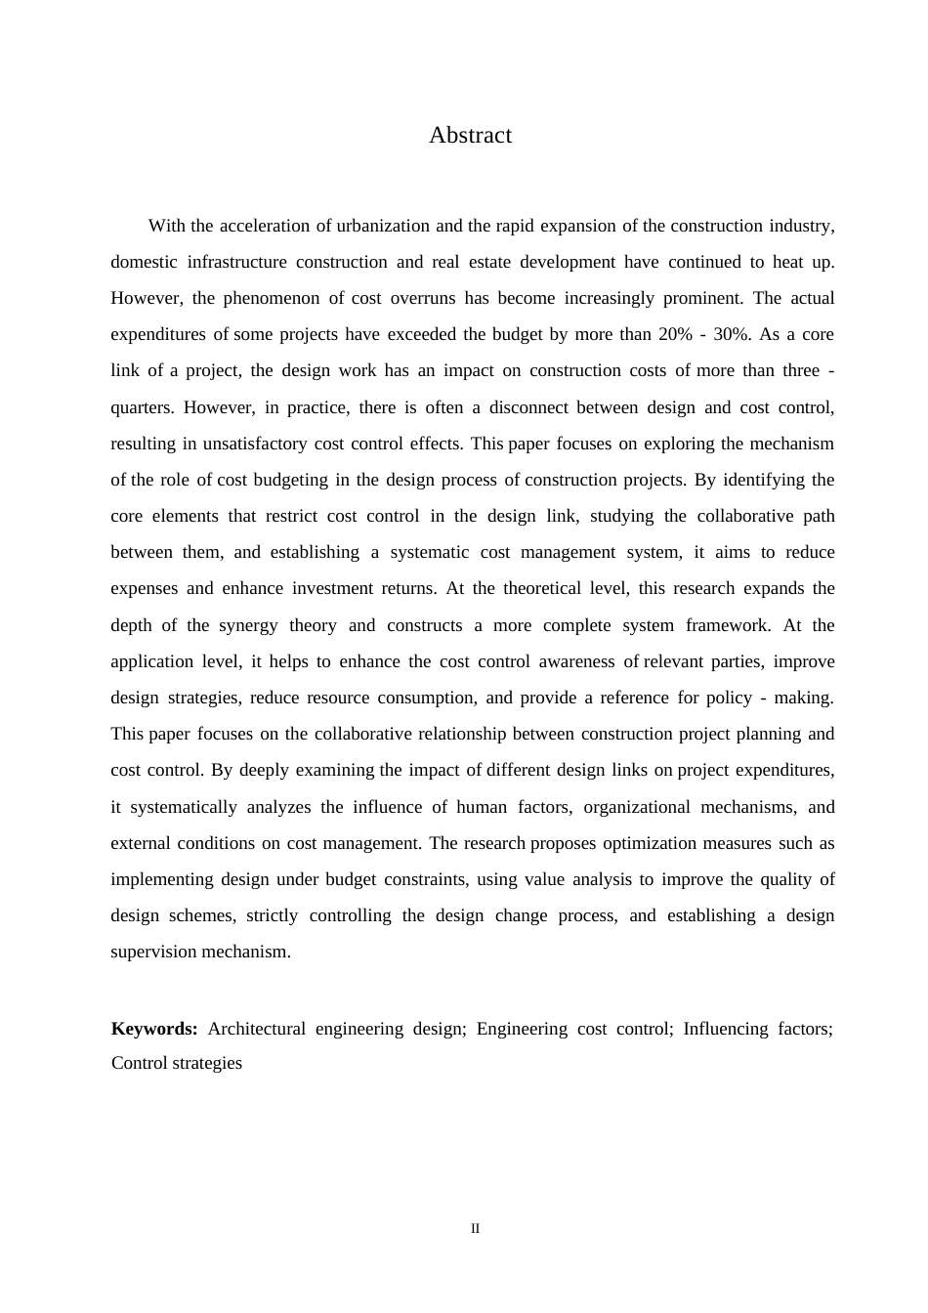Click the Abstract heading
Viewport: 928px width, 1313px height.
coord(470,135)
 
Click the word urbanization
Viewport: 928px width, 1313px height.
coord(384,226)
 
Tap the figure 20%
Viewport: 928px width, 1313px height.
coord(675,334)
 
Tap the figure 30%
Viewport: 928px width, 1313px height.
coord(732,334)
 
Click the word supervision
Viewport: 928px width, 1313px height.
coord(153,952)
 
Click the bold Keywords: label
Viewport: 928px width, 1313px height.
coord(154,1029)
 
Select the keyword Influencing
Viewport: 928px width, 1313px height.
coord(726,1029)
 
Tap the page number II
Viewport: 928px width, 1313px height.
coord(476,1228)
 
